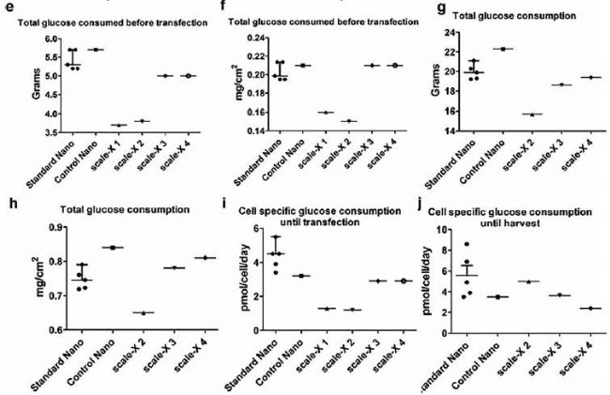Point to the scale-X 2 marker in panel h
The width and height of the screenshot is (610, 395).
[142, 312]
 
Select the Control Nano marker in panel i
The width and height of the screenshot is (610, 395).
[302, 276]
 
